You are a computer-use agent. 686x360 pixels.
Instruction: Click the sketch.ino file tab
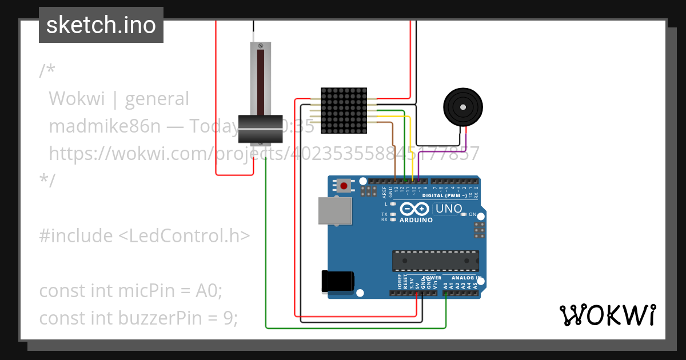click(x=101, y=25)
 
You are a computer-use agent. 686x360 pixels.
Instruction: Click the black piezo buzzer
click(x=462, y=107)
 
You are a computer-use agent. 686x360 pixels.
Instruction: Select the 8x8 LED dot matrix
click(x=344, y=110)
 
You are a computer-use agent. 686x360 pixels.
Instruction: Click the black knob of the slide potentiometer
click(x=261, y=129)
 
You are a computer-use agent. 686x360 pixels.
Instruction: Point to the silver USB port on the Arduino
click(x=335, y=210)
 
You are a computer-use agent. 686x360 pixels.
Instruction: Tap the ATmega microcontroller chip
click(x=435, y=260)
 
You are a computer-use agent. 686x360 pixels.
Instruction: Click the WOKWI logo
click(x=607, y=315)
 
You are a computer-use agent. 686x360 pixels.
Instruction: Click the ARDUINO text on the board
click(x=416, y=220)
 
